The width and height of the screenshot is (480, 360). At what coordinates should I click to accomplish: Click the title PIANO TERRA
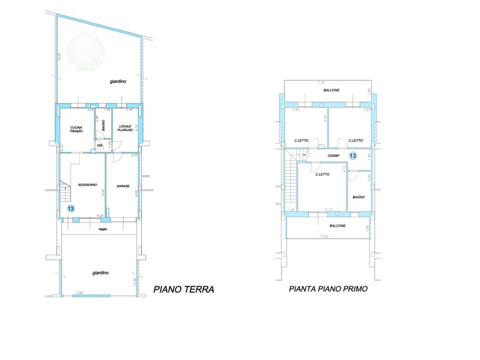click(x=184, y=289)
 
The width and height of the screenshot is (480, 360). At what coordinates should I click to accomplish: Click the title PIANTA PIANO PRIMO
click(x=328, y=289)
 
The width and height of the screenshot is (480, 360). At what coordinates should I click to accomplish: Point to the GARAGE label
click(x=124, y=185)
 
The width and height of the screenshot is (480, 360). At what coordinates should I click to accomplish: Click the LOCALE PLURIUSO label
click(x=125, y=128)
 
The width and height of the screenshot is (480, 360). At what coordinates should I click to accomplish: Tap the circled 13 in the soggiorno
click(x=71, y=208)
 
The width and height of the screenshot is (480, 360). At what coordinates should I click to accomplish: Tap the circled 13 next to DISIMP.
click(x=352, y=156)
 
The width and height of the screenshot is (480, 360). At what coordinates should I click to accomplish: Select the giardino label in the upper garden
click(x=118, y=82)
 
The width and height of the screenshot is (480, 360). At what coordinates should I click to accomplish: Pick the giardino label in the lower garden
click(x=100, y=273)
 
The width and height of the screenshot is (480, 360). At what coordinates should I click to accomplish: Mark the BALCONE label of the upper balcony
click(x=331, y=90)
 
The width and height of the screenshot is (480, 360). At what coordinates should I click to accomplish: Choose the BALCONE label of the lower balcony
click(x=337, y=226)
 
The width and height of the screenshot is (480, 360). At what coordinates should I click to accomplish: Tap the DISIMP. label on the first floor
click(x=334, y=156)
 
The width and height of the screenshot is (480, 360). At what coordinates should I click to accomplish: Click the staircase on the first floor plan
click(x=292, y=183)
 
